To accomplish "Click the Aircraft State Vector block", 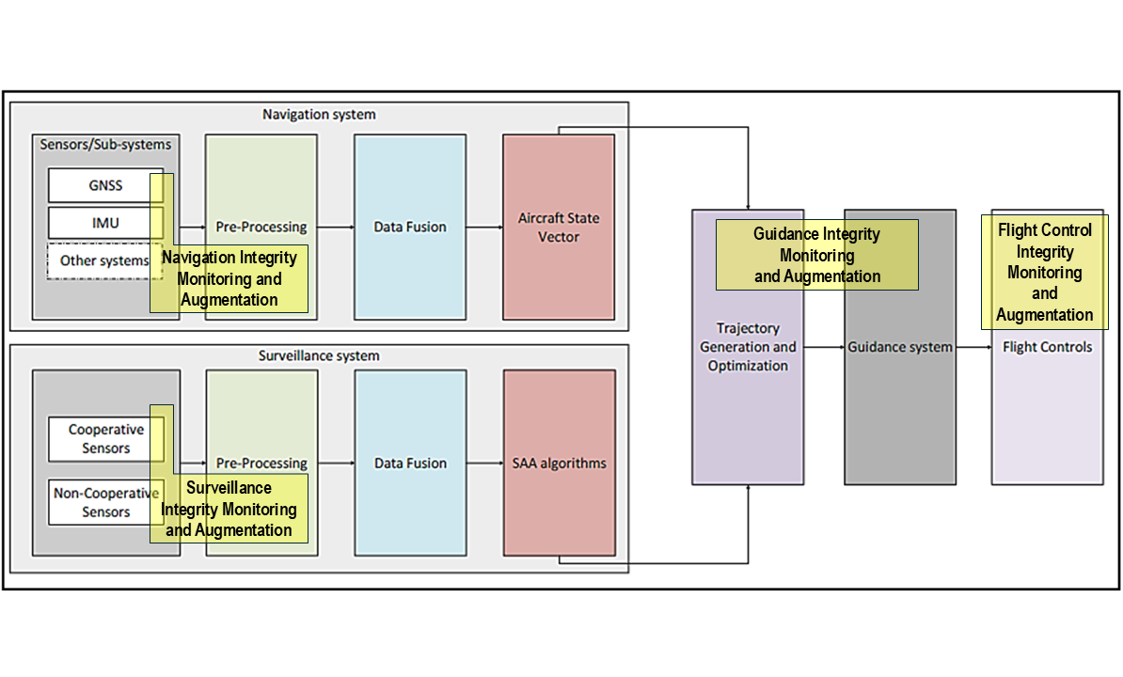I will pyautogui.click(x=559, y=227).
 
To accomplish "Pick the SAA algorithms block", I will pyautogui.click(x=559, y=463).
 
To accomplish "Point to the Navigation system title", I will pyautogui.click(x=319, y=115).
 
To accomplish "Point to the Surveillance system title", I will pyautogui.click(x=319, y=356).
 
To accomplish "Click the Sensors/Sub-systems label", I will pyautogui.click(x=105, y=144).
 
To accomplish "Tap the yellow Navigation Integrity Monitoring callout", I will pyautogui.click(x=229, y=278).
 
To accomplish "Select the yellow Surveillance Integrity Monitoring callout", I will pyautogui.click(x=229, y=509).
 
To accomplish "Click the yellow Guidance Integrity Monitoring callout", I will pyautogui.click(x=816, y=255).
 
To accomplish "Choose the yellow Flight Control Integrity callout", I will pyautogui.click(x=1045, y=272).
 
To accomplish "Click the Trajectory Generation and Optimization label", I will pyautogui.click(x=748, y=347).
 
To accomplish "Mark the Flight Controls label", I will pyautogui.click(x=1047, y=347).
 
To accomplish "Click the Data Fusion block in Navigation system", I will pyautogui.click(x=410, y=227).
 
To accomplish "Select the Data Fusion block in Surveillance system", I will pyautogui.click(x=410, y=463).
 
